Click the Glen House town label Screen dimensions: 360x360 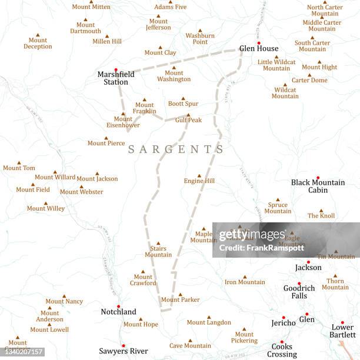pos(259,49)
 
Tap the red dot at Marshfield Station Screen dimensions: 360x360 pos(116,69)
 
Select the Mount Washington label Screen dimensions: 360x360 pos(174,76)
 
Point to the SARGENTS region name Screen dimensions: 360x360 pos(176,149)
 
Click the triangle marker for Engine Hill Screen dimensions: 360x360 pos(199,175)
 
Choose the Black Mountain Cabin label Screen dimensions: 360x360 pos(318,186)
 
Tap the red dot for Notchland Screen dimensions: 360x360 pos(118,306)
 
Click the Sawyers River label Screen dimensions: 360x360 pos(124,351)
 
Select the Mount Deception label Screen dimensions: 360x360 pos(38,44)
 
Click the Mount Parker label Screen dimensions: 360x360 pos(180,300)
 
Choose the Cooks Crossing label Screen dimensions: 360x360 pos(282,351)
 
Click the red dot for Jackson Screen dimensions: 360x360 pos(308,262)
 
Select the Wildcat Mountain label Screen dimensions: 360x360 pos(285,93)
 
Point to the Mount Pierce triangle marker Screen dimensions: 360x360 pos(106,138)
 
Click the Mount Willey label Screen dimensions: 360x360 pos(46,208)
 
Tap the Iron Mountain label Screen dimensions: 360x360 pos(245,282)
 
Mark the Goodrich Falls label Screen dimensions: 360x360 pos(299,292)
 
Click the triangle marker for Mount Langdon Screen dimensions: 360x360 pos(209,316)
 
